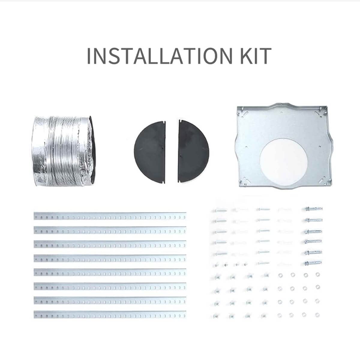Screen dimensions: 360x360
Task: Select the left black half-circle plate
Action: pyautogui.click(x=150, y=152)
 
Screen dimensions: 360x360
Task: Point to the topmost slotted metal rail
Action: pyautogui.click(x=110, y=216)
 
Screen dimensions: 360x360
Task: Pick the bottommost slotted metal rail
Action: pyautogui.click(x=110, y=314)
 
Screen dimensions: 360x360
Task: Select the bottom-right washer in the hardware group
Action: pyautogui.click(x=317, y=315)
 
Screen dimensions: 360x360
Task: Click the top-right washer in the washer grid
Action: pyautogui.click(x=317, y=274)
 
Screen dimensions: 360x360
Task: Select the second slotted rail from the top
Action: pyautogui.click(x=110, y=230)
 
